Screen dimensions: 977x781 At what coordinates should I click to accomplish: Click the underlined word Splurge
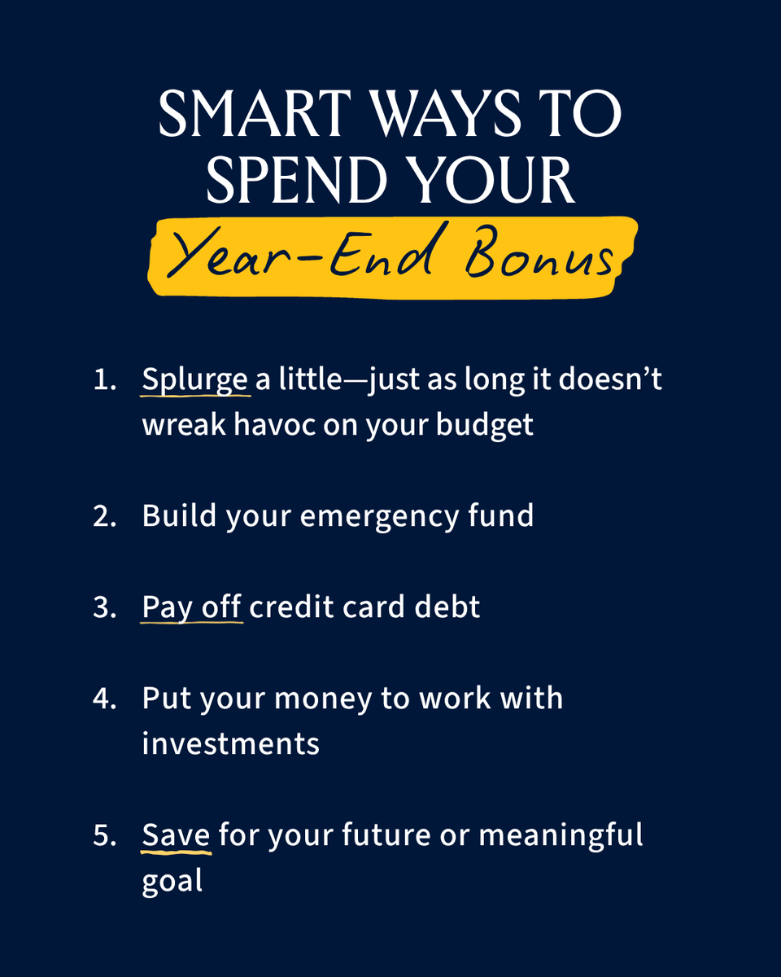[195, 380]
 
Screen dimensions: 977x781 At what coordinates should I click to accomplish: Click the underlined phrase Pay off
[192, 607]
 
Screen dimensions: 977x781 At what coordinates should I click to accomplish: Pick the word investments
[231, 744]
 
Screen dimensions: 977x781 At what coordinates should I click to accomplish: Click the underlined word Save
[177, 835]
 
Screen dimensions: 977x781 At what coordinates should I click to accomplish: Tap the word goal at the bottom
[172, 881]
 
